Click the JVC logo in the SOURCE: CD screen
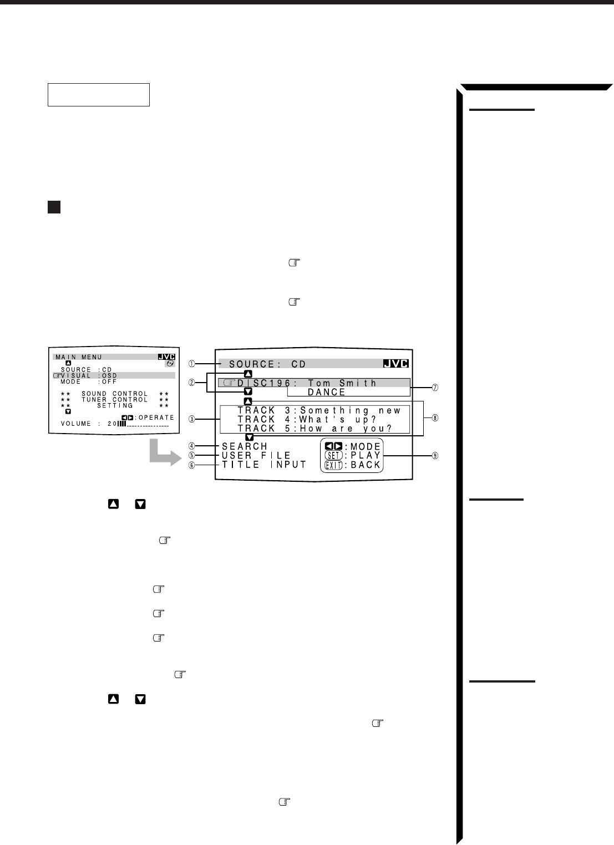[396, 364]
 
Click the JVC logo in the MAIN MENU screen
[166, 357]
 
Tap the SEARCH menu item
[245, 446]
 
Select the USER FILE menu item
[256, 456]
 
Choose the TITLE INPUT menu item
[264, 465]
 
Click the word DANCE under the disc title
[327, 392]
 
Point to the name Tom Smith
[342, 383]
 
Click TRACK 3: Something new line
[319, 411]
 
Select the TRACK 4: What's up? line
[307, 420]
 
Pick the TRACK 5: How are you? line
[314, 429]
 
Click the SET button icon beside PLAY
[333, 456]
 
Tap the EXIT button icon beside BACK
[333, 465]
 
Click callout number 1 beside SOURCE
[191, 364]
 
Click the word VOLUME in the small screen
[76, 424]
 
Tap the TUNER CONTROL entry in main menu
[114, 400]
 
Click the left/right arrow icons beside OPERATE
[128, 418]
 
